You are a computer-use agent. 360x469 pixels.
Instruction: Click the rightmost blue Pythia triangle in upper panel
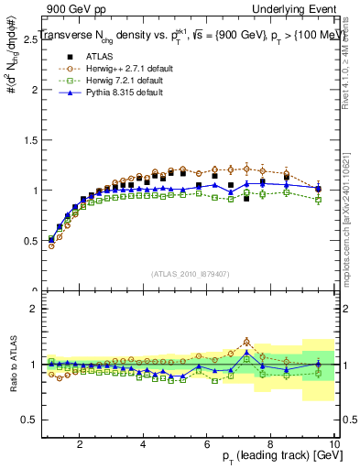click(318, 189)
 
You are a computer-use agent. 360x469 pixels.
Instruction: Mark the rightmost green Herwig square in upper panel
click(318, 199)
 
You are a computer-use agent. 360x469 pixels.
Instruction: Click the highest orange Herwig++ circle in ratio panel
click(246, 343)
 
